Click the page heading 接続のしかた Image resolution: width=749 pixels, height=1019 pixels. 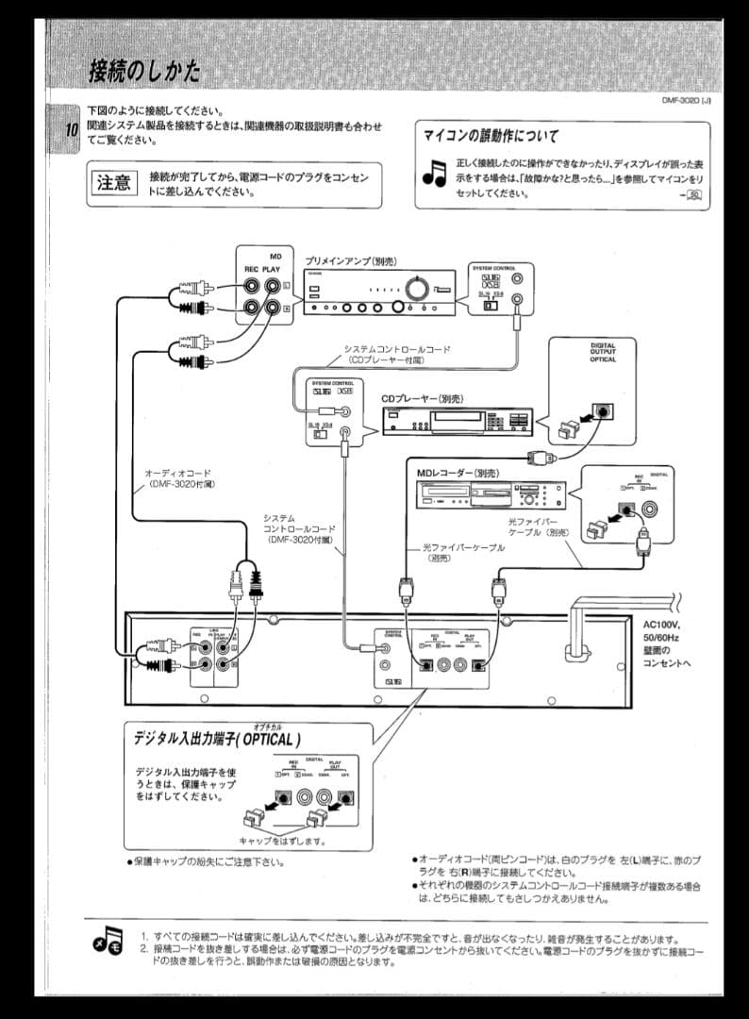(x=144, y=71)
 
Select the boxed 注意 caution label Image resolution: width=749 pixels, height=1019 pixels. (x=113, y=183)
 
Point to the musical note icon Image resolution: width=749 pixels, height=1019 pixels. (x=434, y=172)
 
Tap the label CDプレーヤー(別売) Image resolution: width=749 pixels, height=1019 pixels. (x=423, y=399)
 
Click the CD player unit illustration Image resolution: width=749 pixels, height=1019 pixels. (x=457, y=422)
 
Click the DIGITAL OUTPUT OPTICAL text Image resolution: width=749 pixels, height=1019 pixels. (x=603, y=352)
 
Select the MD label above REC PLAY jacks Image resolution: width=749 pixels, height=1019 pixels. (x=275, y=256)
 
